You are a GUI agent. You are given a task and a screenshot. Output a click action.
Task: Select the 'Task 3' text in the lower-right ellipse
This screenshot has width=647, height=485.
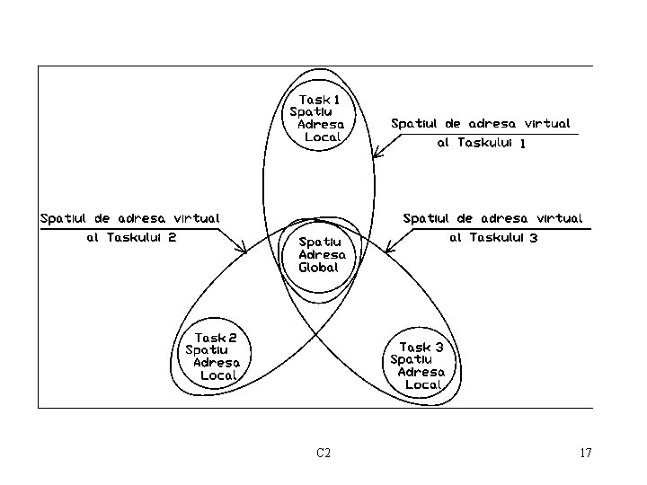click(x=421, y=347)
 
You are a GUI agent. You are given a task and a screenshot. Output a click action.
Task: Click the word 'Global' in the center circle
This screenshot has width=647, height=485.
click(x=319, y=268)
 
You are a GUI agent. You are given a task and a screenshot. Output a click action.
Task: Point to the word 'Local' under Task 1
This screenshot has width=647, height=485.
click(x=323, y=137)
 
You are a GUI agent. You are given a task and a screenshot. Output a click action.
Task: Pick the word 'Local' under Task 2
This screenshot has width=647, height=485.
click(x=218, y=375)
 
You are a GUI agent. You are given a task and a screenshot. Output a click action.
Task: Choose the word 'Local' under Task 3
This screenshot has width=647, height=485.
click(x=424, y=384)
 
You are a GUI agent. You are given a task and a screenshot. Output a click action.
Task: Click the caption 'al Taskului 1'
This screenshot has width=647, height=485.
click(x=481, y=142)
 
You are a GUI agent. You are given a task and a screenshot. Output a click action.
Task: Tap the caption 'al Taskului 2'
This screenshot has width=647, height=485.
click(x=130, y=238)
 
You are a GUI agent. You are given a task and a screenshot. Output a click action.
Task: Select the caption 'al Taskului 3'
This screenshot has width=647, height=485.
click(x=493, y=238)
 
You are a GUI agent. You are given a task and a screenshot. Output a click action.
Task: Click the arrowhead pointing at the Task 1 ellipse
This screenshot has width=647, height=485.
click(x=375, y=156)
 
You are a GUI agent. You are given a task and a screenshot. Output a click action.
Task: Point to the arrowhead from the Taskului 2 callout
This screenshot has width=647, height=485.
click(x=244, y=251)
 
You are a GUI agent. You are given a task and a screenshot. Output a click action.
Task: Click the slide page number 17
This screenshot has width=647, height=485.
click(x=586, y=453)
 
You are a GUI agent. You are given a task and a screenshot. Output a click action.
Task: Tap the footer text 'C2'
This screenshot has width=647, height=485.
click(x=323, y=453)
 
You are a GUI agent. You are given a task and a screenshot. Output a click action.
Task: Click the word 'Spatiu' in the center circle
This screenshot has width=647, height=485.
click(x=320, y=242)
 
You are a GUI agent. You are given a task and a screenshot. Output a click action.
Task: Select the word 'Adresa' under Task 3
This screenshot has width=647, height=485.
click(x=421, y=372)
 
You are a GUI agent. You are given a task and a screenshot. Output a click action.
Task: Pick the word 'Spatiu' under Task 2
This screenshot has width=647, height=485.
click(x=207, y=350)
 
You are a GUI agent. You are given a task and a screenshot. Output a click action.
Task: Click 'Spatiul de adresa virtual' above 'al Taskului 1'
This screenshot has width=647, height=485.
click(x=481, y=123)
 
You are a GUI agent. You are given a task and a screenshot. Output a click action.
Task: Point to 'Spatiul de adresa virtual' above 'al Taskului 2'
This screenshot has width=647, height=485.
click(x=130, y=218)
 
